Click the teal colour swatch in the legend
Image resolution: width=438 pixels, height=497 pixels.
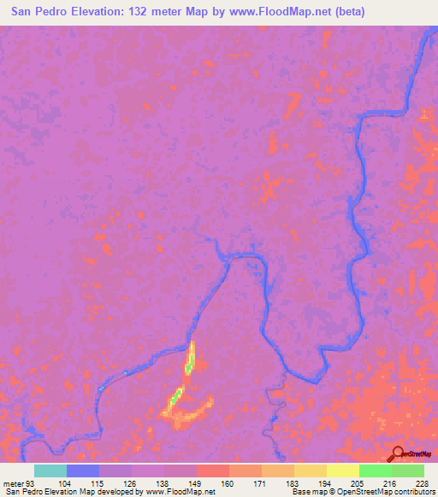(x=50, y=471)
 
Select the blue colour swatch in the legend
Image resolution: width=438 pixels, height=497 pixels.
(x=83, y=471)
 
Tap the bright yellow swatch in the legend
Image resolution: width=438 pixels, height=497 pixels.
(x=342, y=471)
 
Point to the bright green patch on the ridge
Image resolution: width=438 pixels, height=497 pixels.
(x=176, y=396)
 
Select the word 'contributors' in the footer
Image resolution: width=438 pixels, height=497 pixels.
(x=416, y=492)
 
